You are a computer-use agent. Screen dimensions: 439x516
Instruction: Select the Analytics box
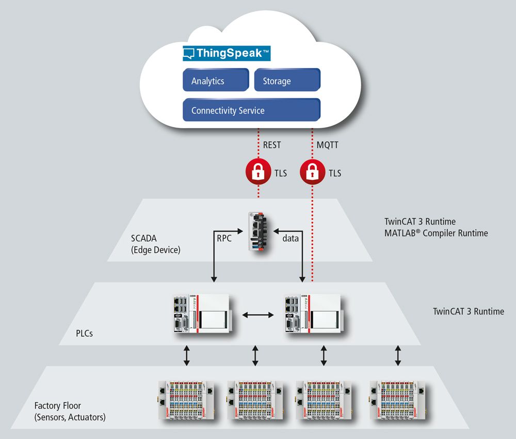(x=216, y=81)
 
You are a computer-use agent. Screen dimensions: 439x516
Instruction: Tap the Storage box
(x=287, y=81)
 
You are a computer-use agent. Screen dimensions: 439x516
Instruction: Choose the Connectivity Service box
(x=251, y=110)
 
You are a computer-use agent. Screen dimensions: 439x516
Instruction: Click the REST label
(x=272, y=145)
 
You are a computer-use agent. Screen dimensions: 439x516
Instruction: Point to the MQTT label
(x=328, y=145)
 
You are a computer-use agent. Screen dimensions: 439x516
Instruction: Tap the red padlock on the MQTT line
(x=312, y=173)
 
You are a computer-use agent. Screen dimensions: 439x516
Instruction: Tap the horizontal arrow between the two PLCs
(x=258, y=314)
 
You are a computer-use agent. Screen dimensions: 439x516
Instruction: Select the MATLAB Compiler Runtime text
(x=436, y=233)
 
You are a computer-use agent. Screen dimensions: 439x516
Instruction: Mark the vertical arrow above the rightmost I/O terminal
(x=398, y=355)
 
